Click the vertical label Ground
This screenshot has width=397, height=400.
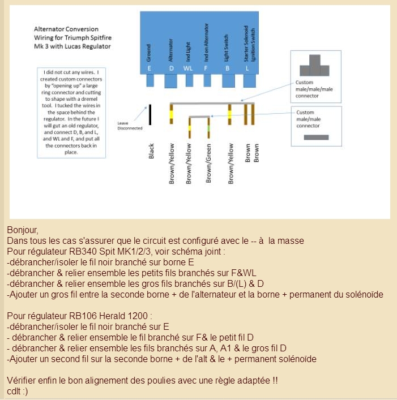149,54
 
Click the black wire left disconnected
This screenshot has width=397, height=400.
150,114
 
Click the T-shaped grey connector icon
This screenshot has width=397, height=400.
315,67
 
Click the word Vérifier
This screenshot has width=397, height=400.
22,380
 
